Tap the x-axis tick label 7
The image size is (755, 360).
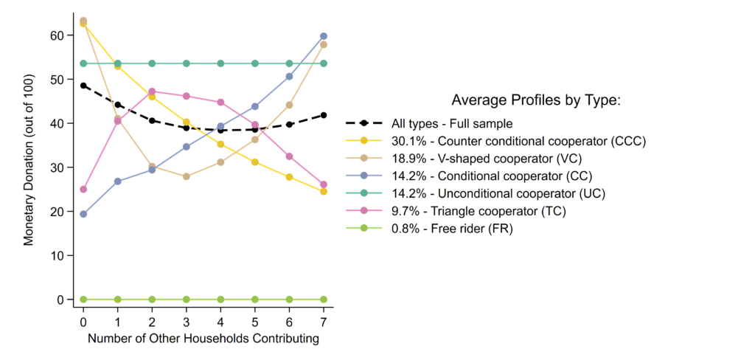coord(323,323)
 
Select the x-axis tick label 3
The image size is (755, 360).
coord(186,323)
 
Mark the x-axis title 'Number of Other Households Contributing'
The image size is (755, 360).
coord(203,339)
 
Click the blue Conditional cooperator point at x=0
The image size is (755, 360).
coord(83,214)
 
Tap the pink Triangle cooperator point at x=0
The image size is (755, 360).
coord(83,190)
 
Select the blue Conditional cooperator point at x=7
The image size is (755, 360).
coord(323,36)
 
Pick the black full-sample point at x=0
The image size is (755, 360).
coord(83,86)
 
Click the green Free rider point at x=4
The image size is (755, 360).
coord(220,300)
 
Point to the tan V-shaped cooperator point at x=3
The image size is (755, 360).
coord(186,176)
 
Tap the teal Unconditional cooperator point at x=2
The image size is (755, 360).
coord(152,63)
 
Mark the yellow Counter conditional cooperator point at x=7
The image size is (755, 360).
coord(323,192)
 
